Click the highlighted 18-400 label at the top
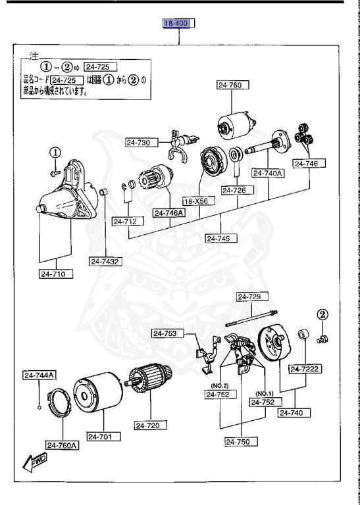coord(180,25)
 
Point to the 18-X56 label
coord(196,201)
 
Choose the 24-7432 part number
coord(106,261)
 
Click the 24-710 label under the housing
coord(55,274)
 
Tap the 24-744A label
coord(39,375)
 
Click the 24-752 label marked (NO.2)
coord(219,395)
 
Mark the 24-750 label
coord(240,442)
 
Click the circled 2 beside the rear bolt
coord(322,314)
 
